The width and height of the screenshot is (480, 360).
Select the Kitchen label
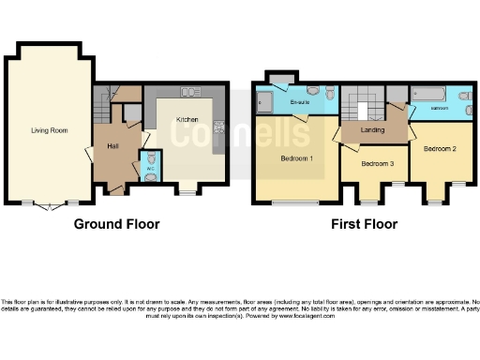(186, 120)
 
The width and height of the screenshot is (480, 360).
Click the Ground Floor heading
(116, 225)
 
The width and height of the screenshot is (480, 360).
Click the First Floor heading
(365, 225)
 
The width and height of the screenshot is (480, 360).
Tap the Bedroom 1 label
(296, 158)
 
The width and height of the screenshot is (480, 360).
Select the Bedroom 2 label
(439, 149)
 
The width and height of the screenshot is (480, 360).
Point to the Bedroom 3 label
(376, 165)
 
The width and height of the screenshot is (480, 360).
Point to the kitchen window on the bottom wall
(187, 191)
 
